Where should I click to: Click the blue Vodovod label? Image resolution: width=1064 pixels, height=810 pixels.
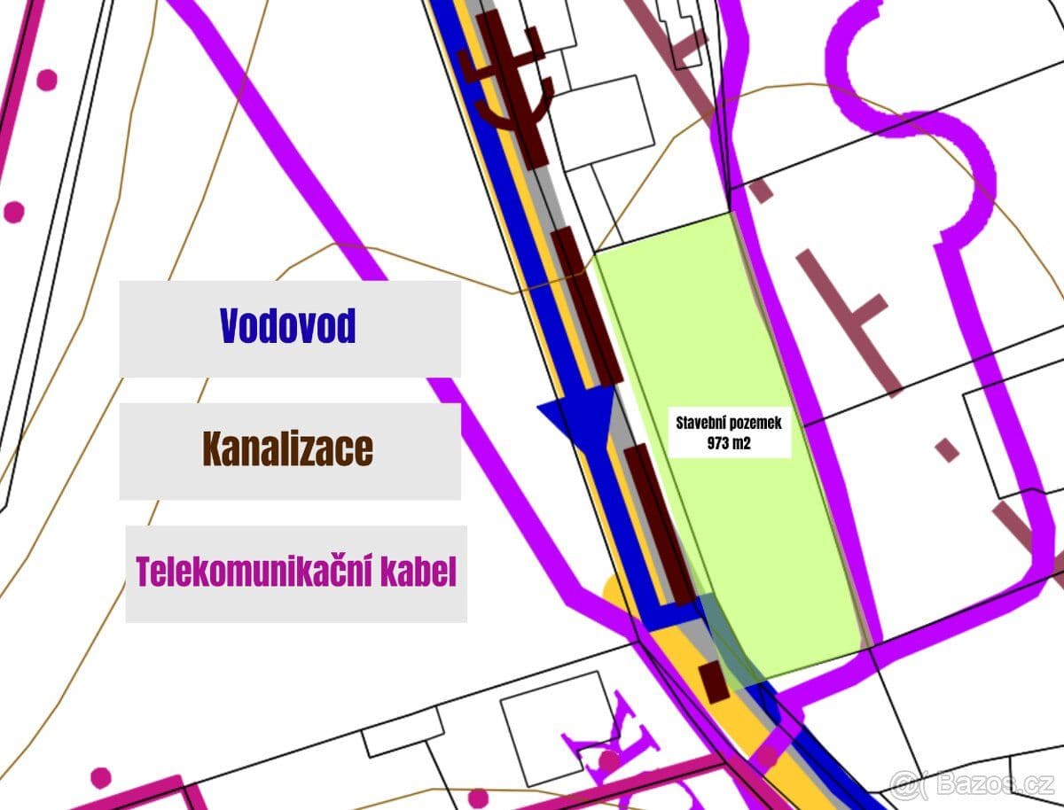coord(288,327)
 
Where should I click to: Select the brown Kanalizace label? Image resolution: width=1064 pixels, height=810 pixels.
coord(288,450)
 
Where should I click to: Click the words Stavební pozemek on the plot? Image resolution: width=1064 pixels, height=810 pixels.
coord(729,423)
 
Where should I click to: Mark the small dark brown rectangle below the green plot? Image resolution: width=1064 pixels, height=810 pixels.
coord(713,680)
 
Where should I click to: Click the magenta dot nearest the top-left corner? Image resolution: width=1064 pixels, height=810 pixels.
coord(46,80)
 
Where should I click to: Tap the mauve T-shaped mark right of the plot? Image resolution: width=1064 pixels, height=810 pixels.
coord(851,315)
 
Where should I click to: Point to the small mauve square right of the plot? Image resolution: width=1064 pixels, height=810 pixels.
coord(948,449)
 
